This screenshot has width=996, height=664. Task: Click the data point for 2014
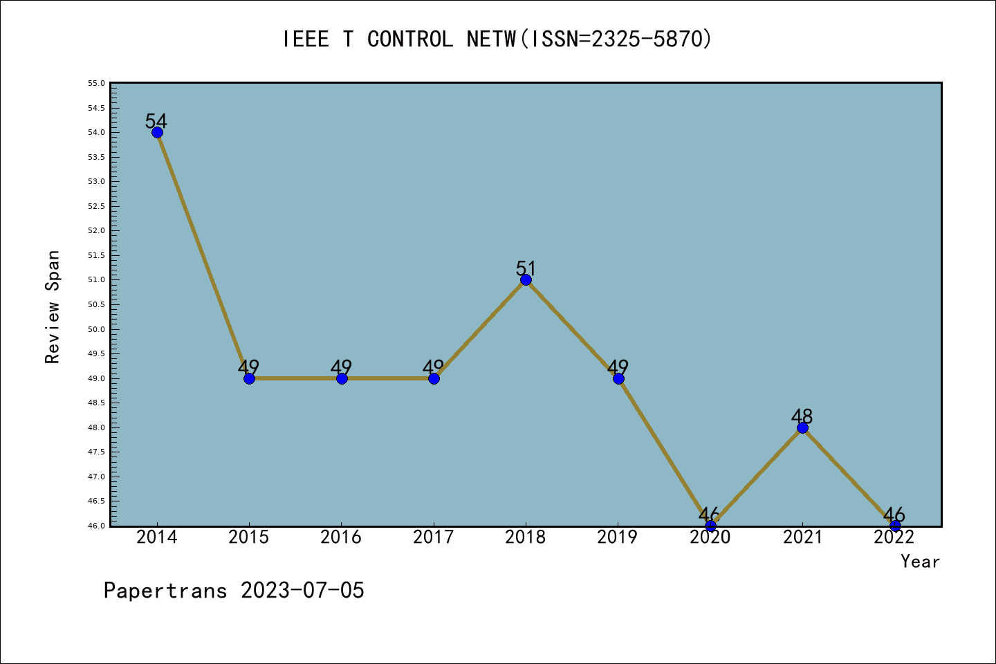157,132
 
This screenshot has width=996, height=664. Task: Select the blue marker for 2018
526,279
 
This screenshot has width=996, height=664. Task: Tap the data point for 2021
802,427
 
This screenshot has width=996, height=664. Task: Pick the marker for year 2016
342,378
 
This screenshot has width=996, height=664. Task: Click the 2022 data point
895,526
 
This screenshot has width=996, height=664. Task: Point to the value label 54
156,121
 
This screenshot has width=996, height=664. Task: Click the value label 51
526,268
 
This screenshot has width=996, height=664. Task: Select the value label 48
802,416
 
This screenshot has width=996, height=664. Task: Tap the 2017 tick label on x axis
433,537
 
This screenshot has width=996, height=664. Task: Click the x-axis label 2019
617,537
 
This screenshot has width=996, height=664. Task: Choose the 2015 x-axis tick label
248,537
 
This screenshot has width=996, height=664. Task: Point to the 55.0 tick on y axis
96,84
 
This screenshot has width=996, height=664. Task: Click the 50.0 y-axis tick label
96,329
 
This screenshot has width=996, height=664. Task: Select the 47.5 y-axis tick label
96,452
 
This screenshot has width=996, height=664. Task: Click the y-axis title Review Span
53,306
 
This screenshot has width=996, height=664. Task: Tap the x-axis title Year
920,562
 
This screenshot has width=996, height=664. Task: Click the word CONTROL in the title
409,39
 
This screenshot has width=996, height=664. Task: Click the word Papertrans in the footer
165,591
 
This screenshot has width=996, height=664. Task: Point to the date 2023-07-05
302,591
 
